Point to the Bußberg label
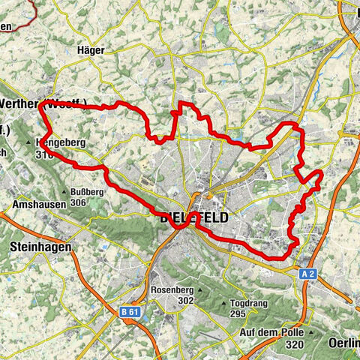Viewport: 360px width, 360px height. pos(95,191)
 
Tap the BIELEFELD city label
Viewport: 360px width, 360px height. pos(193,217)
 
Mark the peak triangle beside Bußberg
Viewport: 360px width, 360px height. pos(74,191)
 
